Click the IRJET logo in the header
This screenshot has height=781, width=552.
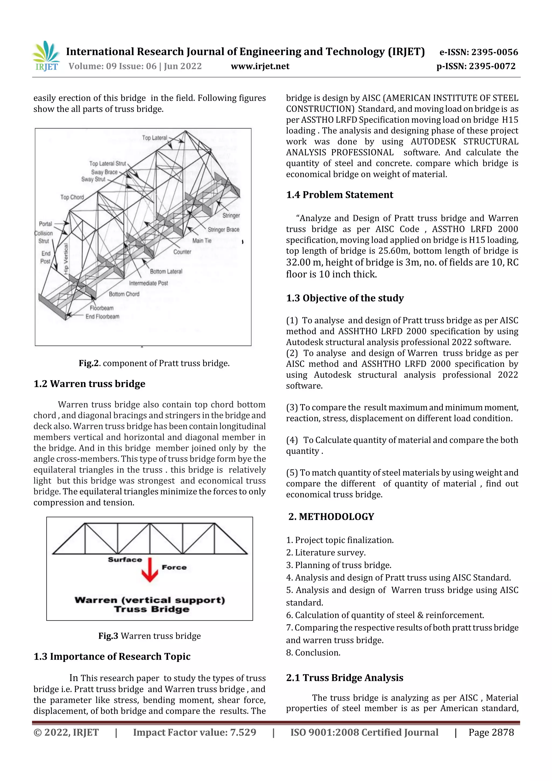(46, 56)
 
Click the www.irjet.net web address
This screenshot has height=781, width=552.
(260, 66)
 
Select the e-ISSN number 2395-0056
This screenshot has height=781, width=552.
(495, 52)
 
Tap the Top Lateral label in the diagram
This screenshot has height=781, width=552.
(154, 138)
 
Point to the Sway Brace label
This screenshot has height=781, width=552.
(104, 172)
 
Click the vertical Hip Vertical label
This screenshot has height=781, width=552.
(66, 259)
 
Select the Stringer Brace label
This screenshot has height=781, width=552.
(223, 230)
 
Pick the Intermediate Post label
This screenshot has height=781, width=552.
(148, 283)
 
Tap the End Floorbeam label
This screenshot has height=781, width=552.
(102, 316)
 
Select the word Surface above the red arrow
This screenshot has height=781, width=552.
(125, 560)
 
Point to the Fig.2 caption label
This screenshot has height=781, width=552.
(89, 363)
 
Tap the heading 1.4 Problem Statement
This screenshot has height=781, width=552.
(339, 195)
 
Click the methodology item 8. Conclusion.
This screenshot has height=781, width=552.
(313, 652)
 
